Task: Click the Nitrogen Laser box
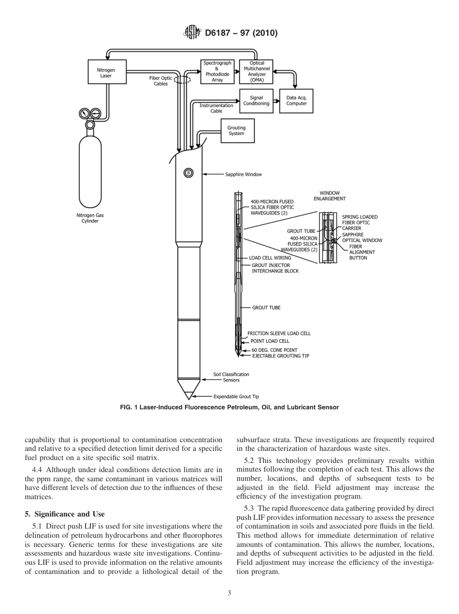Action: (106, 73)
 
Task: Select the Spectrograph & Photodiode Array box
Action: (217, 71)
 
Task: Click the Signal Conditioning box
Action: (256, 100)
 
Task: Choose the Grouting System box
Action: (236, 131)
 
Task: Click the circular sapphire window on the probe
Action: (189, 173)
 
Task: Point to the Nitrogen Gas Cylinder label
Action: (90, 218)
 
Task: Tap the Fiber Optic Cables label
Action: (161, 81)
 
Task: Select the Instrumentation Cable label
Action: (216, 108)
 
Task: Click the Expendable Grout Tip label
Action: (236, 396)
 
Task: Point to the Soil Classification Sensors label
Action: (231, 377)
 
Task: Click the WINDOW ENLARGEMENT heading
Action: (330, 195)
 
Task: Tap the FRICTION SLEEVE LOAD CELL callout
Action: (279, 333)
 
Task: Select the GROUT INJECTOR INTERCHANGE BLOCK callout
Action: (274, 268)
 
